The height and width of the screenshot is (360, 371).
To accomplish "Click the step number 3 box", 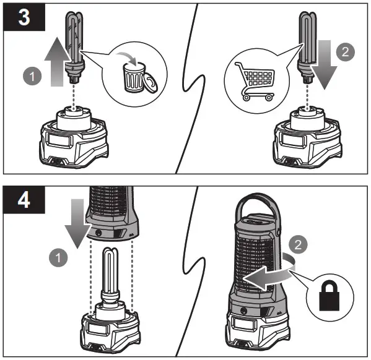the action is click(24, 17).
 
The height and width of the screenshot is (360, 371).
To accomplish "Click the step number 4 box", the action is click(24, 200).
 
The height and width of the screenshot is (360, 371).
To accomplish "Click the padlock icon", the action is click(330, 296).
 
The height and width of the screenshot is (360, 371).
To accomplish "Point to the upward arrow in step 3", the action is click(57, 62).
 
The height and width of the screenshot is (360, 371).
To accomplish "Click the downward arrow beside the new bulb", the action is click(324, 65).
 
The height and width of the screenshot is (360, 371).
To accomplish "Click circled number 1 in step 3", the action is click(32, 76).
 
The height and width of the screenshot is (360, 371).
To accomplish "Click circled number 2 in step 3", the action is click(346, 52).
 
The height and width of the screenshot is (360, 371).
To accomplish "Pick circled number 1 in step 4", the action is click(58, 257).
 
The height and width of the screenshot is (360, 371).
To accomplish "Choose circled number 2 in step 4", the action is click(298, 244).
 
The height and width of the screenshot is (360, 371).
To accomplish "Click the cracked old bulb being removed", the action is click(74, 47).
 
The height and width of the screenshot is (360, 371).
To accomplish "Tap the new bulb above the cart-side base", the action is click(307, 47).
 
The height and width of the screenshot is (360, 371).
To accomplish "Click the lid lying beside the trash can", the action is click(151, 82).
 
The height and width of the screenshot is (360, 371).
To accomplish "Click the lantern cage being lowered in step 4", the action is click(111, 213).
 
